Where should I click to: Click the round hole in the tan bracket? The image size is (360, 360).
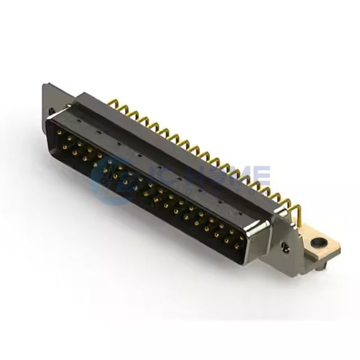click(316, 242)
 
